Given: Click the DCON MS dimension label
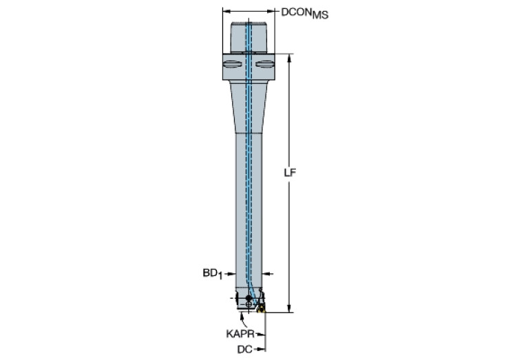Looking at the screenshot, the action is click(305, 13).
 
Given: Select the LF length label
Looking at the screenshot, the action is click(290, 173).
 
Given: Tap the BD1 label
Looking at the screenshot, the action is click(213, 274).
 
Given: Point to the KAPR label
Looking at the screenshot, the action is click(240, 334).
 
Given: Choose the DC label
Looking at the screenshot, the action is click(244, 350).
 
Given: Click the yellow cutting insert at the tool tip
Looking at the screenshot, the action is click(262, 308).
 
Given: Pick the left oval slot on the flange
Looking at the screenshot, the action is click(233, 64).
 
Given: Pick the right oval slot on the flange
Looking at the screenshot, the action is click(264, 64).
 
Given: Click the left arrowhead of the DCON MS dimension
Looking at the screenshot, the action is click(226, 11).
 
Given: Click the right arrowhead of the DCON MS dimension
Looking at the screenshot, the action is click(271, 11).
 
